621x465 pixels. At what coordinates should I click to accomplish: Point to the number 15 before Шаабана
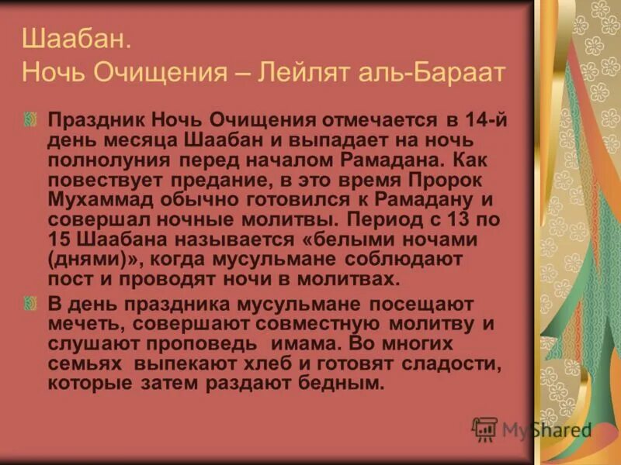point(58,239)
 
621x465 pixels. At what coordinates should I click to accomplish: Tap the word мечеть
point(82,323)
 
